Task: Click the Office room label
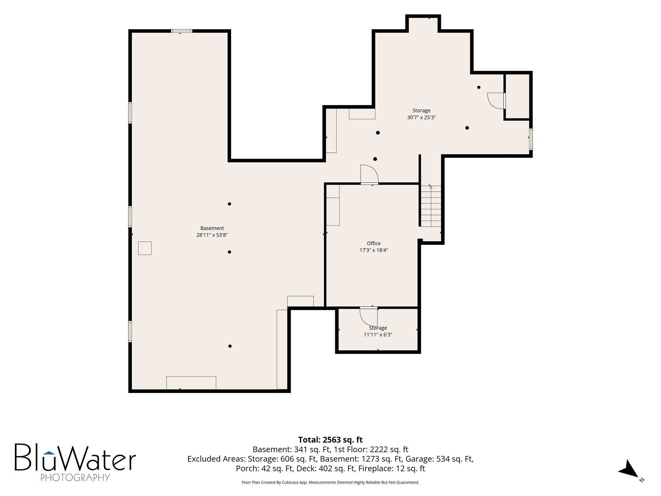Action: (x=373, y=243)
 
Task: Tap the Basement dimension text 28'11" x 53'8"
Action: (x=212, y=235)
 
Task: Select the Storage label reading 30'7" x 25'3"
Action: (x=421, y=118)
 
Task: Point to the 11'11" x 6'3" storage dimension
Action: (x=378, y=335)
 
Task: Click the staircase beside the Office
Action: (x=431, y=206)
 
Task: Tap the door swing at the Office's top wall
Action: (x=369, y=174)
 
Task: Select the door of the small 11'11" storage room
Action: (x=369, y=316)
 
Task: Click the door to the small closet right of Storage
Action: (x=496, y=101)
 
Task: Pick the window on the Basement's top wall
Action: (x=181, y=31)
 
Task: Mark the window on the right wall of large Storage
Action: (x=530, y=139)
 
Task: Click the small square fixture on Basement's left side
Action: (x=145, y=248)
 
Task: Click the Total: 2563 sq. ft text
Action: (x=330, y=440)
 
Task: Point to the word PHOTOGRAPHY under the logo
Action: (x=75, y=477)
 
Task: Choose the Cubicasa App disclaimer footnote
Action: (x=330, y=482)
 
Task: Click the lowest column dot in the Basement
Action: (x=230, y=346)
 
